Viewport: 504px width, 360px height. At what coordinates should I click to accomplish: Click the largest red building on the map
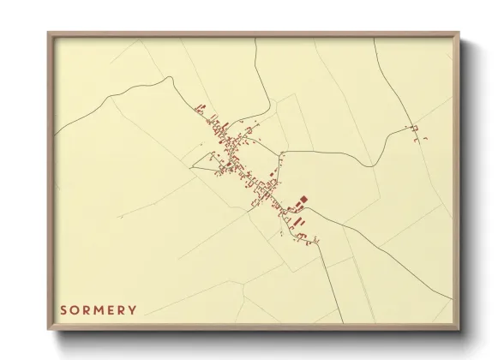(x=302, y=203)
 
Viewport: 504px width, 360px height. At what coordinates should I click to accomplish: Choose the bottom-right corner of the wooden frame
(x=461, y=329)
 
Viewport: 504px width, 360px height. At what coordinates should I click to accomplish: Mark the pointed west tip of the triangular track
(x=190, y=163)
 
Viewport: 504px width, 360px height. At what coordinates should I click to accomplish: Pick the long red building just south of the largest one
(x=297, y=220)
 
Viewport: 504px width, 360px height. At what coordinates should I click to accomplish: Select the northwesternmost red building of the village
(x=201, y=107)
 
